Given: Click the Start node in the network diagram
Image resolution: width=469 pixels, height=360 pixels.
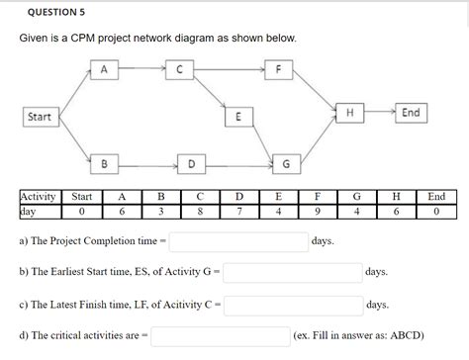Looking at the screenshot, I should point(41,117).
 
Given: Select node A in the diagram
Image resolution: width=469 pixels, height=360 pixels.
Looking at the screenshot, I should point(105,69).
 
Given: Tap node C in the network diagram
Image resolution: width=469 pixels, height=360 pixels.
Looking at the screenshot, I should point(179,69).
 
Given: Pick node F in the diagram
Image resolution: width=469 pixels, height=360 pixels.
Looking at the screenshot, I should point(280,69).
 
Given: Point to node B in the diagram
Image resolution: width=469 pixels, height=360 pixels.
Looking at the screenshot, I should point(105,161).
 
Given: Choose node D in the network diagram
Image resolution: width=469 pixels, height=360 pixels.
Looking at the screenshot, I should point(192,161).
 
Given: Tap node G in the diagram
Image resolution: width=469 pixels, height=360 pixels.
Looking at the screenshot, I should point(286,161).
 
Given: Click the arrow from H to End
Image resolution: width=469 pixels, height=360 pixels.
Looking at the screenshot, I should point(380,112).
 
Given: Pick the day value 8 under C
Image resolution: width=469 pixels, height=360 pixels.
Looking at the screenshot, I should point(200,211).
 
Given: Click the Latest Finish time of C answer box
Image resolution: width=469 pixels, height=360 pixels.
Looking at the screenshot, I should point(293,304).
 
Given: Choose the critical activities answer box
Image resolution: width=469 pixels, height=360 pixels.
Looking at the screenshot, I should point(220,336).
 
